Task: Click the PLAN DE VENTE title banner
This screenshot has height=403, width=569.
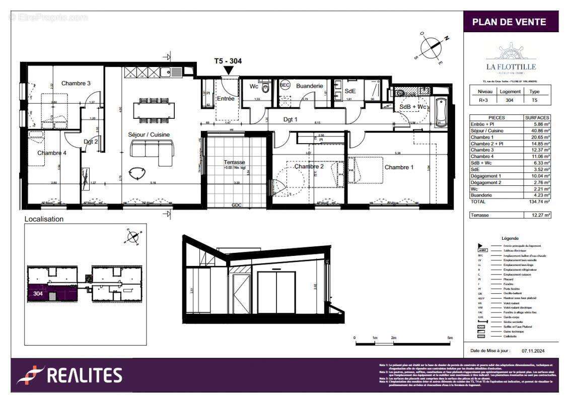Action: (511, 22)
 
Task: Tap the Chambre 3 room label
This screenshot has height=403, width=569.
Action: (76, 83)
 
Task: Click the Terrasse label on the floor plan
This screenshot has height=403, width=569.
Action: (234, 162)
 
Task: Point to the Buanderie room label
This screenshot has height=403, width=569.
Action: (309, 86)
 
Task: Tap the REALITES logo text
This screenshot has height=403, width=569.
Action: (85, 375)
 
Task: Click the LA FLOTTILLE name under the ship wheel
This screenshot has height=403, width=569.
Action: (511, 66)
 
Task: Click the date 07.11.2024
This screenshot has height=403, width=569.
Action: (533, 351)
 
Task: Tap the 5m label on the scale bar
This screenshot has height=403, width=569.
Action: (450, 338)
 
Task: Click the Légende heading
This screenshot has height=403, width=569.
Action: (510, 238)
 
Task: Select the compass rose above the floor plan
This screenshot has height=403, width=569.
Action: (432, 46)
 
